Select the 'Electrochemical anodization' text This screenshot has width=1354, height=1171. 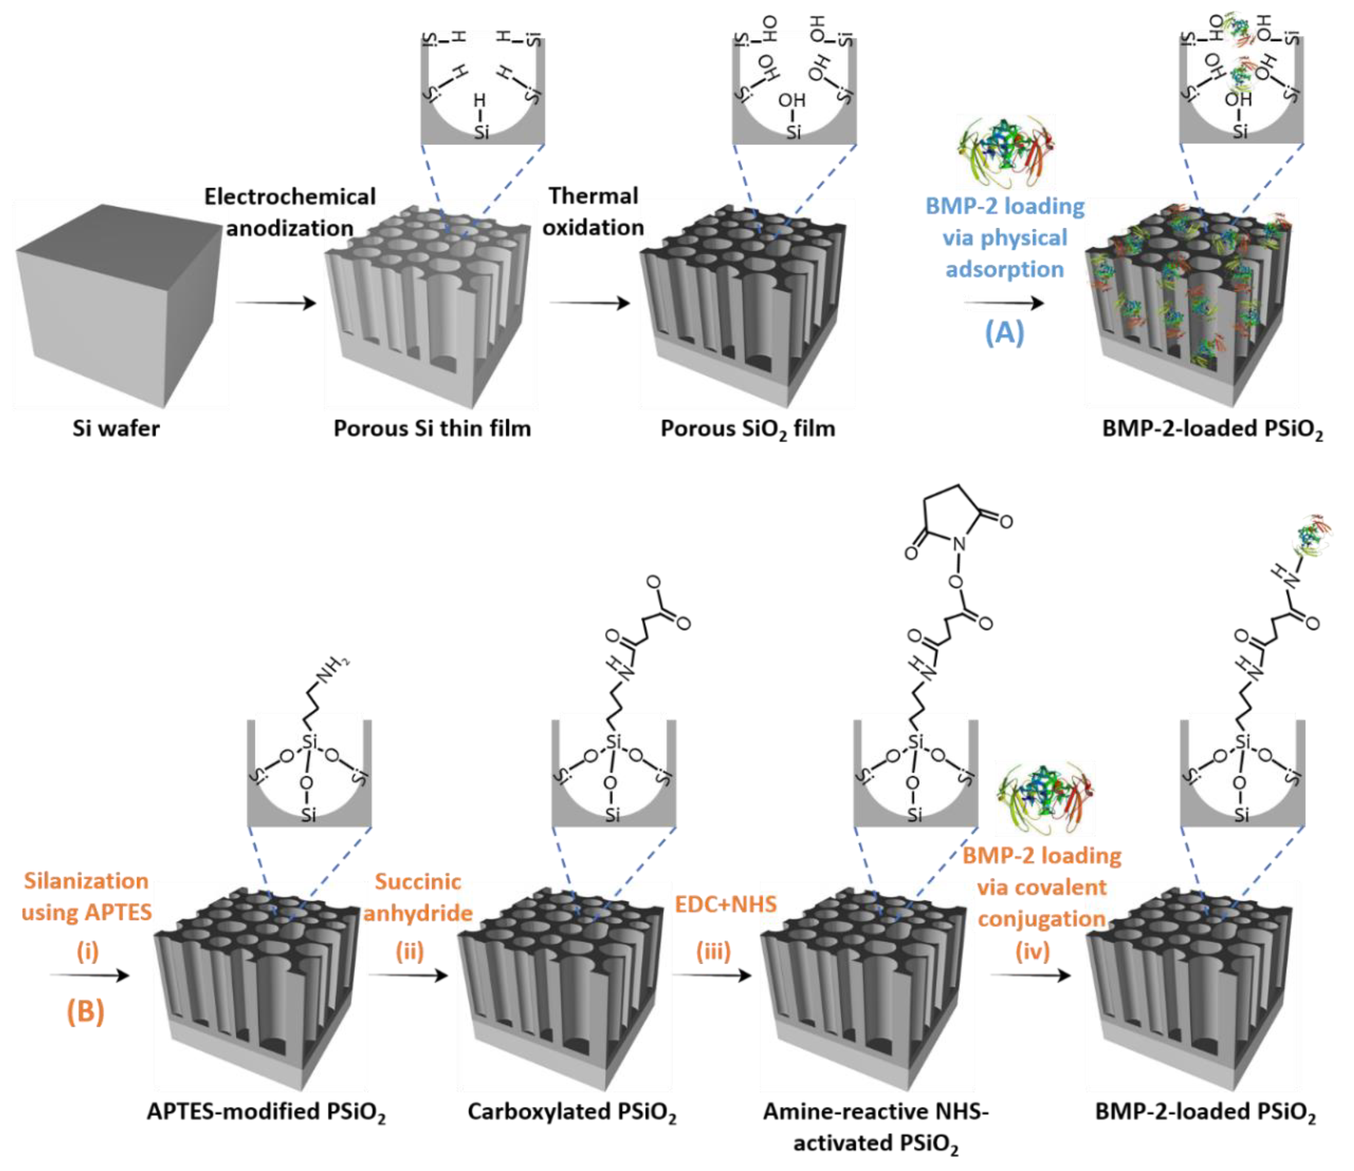[290, 212]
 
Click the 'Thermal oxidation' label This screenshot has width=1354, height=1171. [593, 211]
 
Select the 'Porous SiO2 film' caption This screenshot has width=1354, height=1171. [747, 429]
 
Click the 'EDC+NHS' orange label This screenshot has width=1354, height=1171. [726, 904]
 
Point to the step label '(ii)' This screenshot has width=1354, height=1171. [410, 951]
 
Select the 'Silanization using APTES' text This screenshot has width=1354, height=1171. [86, 897]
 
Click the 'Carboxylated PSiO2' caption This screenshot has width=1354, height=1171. [572, 1112]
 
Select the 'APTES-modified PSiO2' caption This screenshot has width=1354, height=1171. [266, 1112]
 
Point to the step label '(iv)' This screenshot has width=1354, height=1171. [1032, 951]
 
